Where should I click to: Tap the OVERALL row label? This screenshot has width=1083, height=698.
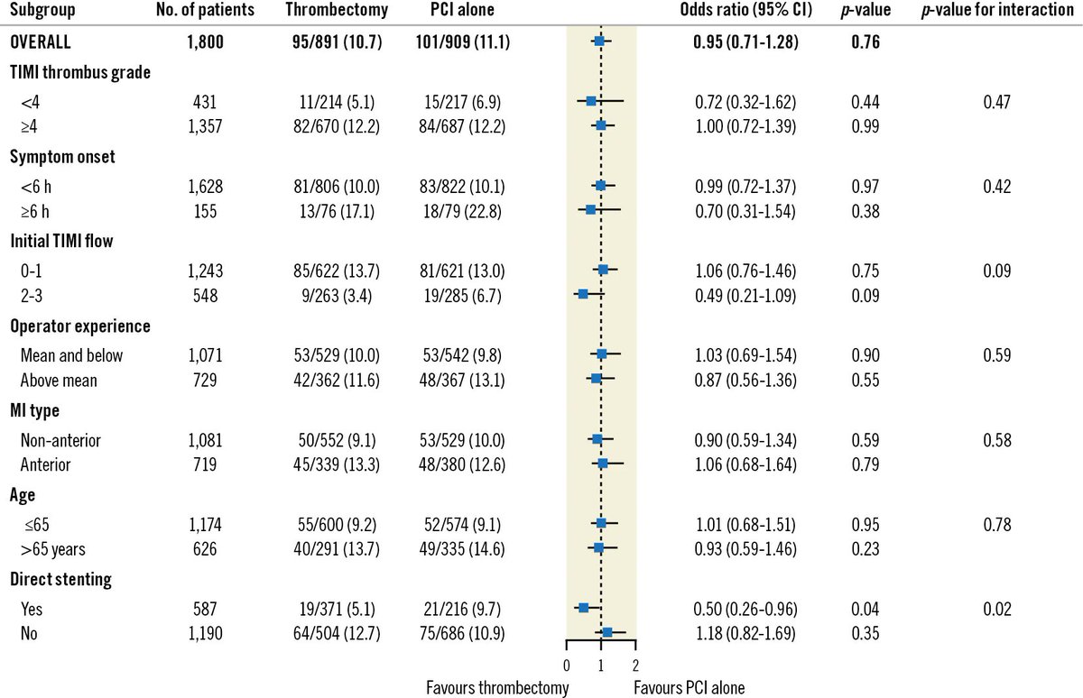point(42,41)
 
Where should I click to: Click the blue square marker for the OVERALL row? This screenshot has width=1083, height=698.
point(599,41)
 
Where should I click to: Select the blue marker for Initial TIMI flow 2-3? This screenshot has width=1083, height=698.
point(583,294)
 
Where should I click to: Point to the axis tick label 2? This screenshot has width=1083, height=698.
point(635,666)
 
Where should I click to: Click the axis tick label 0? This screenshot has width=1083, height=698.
point(566,666)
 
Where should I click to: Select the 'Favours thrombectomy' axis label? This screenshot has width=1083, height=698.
point(497,688)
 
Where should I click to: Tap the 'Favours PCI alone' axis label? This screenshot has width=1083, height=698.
point(690,688)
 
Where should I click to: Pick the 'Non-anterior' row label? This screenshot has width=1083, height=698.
point(60,440)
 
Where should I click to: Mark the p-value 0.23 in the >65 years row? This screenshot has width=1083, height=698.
point(865,548)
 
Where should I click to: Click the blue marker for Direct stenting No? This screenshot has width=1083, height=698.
point(606,633)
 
